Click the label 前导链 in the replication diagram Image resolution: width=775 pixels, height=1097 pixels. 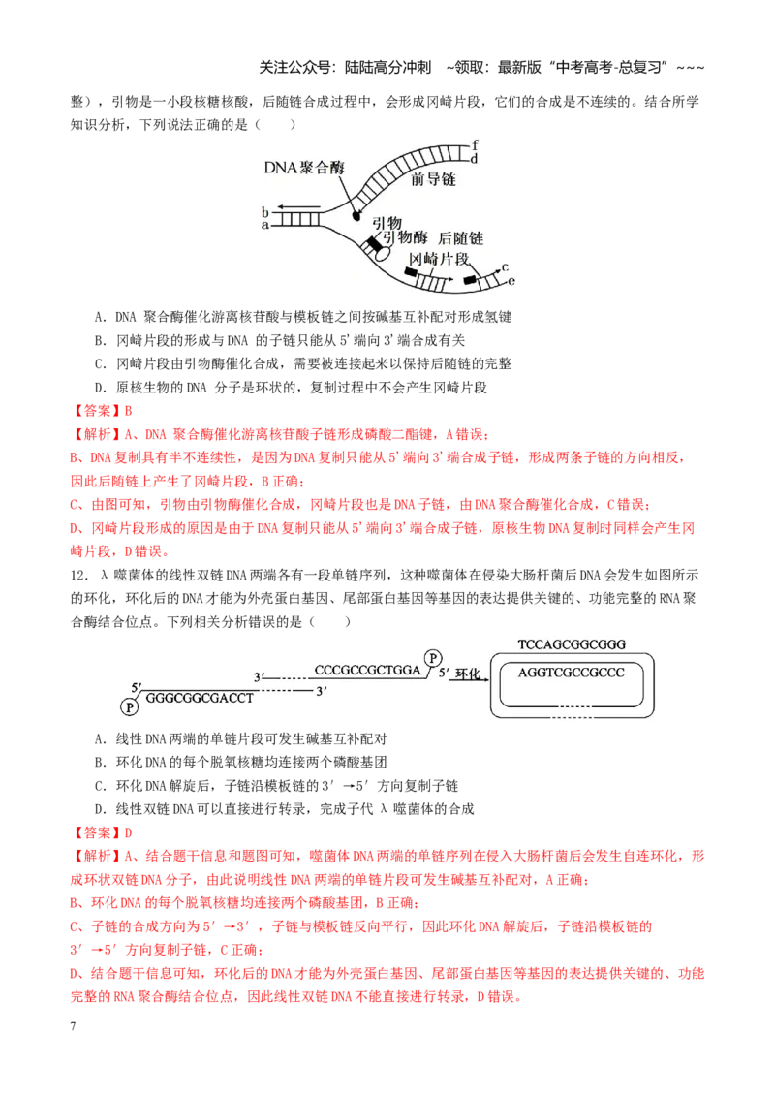tap(433, 180)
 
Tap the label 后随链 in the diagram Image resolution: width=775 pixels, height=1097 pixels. tap(461, 238)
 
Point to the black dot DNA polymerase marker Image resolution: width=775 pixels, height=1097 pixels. tap(356, 216)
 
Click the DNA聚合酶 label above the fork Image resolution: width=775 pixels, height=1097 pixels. tap(304, 168)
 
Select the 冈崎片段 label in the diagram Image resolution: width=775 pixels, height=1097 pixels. tap(439, 259)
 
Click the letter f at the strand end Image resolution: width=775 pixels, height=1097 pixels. tap(475, 144)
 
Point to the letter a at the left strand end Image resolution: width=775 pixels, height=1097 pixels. tap(265, 225)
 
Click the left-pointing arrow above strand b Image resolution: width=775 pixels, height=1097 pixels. tap(298, 207)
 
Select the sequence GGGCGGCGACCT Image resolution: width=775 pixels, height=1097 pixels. tap(200, 698)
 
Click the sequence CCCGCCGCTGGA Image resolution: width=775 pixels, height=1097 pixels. tap(368, 670)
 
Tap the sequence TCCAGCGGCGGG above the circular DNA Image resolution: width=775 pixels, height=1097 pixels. tap(572, 644)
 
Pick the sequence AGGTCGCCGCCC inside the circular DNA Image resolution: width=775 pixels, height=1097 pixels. tap(572, 673)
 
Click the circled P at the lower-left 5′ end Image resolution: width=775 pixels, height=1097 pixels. tap(129, 708)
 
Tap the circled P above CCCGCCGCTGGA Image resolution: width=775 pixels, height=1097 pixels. tap(434, 658)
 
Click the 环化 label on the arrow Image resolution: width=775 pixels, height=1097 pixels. tap(468, 674)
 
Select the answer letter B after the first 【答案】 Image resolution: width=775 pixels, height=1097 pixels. tap(129, 411)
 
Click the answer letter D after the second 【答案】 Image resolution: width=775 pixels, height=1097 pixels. tap(129, 832)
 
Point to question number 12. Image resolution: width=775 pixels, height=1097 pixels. tap(79, 575)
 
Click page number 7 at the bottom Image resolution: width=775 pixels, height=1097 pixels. tap(73, 1025)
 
